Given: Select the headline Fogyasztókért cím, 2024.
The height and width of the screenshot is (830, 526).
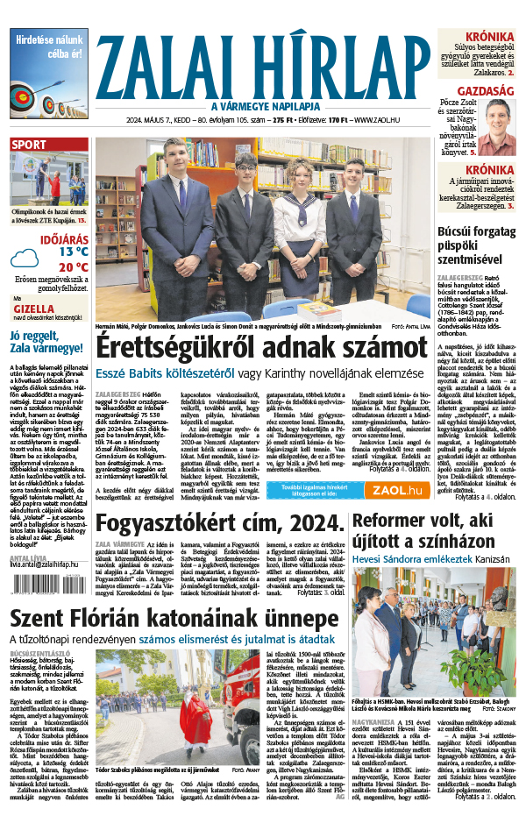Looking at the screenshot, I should click(219, 524).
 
